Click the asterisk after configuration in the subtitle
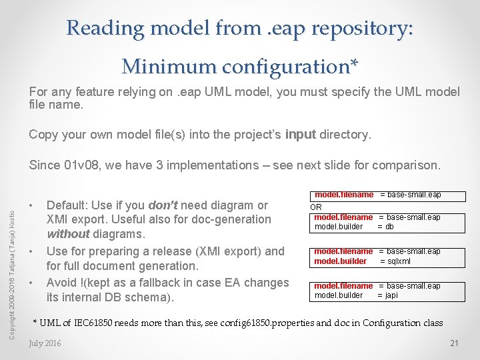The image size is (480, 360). tap(354, 64)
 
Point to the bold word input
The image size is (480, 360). tap(301, 135)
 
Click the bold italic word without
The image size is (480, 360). tap(68, 234)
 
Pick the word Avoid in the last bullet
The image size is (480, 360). tap(61, 283)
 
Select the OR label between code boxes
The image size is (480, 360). tap(317, 207)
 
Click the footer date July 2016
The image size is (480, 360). tap(45, 343)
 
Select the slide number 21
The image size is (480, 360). tap(454, 343)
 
